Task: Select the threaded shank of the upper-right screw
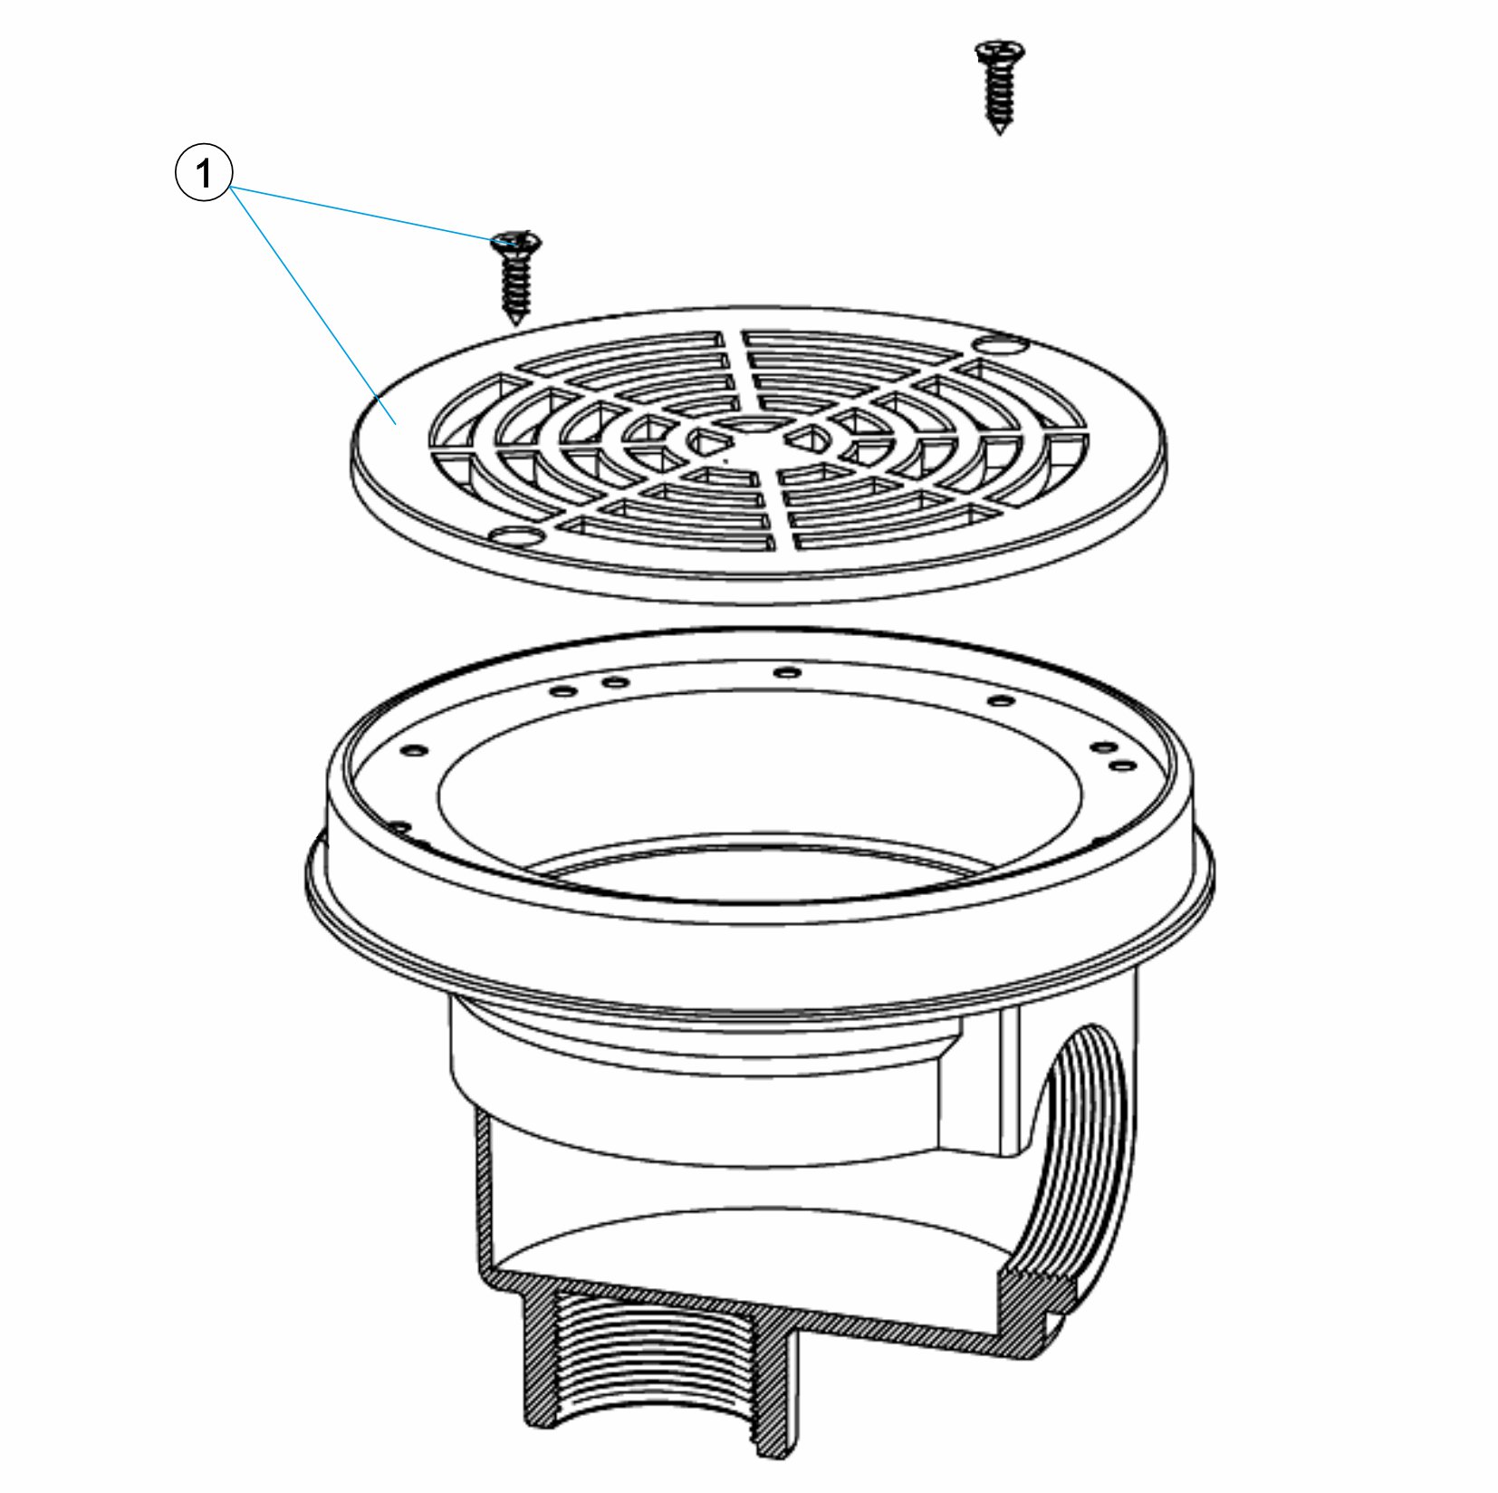point(999,95)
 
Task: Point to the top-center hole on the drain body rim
point(789,673)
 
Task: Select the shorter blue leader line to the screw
point(369,215)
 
